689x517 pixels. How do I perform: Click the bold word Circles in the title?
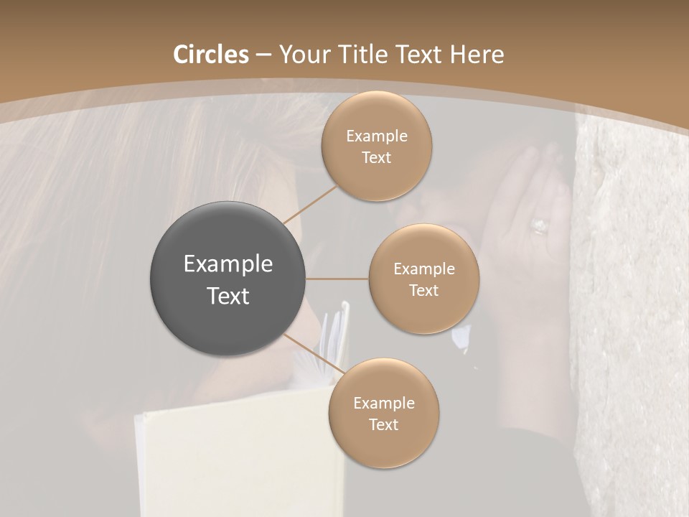point(210,55)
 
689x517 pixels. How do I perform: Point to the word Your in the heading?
point(302,55)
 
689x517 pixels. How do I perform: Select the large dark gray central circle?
point(228,279)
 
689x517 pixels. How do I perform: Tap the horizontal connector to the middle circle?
point(337,279)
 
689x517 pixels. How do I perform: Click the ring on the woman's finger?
point(539,227)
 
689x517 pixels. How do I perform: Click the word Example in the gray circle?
point(228,264)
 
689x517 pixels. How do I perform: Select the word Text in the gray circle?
point(228,296)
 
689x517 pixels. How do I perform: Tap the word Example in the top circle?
point(376,136)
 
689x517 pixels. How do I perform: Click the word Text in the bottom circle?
point(383,424)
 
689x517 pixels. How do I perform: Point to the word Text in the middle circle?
point(423,290)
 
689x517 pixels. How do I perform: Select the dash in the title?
point(263,55)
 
